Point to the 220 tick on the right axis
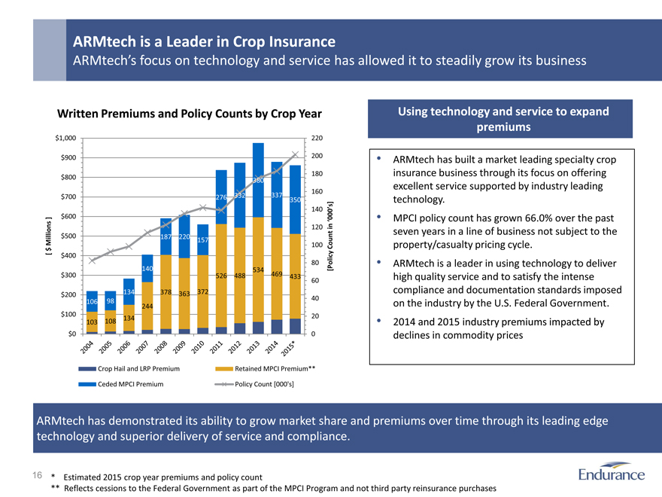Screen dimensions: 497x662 [317, 138]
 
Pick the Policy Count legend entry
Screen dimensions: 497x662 [264, 383]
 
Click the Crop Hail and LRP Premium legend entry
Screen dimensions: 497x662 [138, 369]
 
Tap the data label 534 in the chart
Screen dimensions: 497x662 [257, 270]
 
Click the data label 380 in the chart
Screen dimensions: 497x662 [257, 180]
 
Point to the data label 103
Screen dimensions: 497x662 [93, 322]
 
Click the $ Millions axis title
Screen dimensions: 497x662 [49, 236]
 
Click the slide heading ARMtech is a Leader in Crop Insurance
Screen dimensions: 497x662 [203, 40]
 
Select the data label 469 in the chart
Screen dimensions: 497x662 [276, 274]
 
